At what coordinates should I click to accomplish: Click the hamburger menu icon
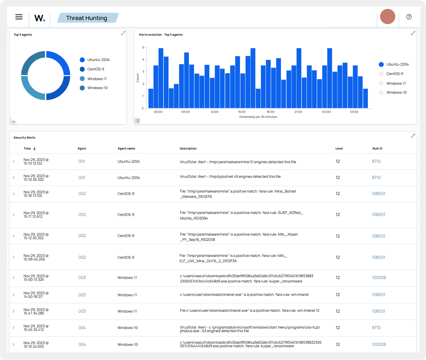(19, 17)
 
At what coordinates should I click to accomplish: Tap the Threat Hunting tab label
(87, 18)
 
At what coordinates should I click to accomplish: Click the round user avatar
(387, 16)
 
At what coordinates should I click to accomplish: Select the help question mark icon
(409, 17)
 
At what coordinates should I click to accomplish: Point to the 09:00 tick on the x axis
(186, 112)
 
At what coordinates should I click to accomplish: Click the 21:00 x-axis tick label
(298, 112)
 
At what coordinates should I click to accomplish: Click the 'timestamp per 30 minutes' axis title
(258, 117)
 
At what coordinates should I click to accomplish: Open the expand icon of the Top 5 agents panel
(123, 33)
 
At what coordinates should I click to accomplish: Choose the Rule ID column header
(377, 148)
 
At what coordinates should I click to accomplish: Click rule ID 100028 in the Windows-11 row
(379, 278)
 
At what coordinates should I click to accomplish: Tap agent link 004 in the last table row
(82, 344)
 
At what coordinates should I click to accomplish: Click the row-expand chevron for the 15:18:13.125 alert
(14, 194)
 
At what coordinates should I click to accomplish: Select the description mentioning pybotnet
(230, 177)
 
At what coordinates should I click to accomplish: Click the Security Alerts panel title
(24, 138)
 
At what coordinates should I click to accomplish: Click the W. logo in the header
(40, 18)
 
